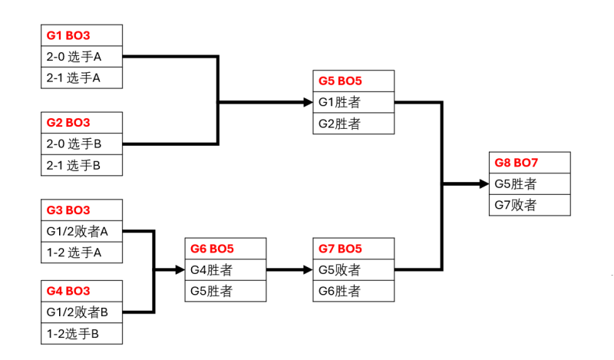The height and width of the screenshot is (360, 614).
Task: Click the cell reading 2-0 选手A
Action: pos(81,57)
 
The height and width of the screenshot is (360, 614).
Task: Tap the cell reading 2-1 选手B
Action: pos(81,165)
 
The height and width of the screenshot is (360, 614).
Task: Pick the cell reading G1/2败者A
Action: pos(81,231)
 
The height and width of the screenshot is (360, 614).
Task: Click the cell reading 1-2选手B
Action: pos(81,334)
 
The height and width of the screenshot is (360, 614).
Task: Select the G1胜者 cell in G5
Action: pos(354,102)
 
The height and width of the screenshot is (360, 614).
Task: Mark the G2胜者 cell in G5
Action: pos(354,124)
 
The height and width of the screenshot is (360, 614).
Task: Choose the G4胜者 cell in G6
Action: pos(226,270)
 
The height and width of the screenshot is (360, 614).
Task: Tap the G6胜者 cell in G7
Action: pos(354,292)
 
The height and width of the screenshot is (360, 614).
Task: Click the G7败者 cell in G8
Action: pos(530,205)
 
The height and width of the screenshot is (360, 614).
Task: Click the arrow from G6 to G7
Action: pos(290,270)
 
